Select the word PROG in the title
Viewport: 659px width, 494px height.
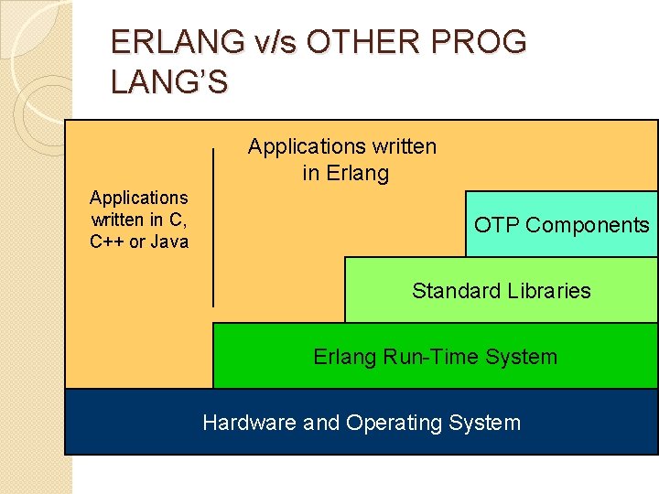[485, 42]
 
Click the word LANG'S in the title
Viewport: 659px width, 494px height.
[169, 82]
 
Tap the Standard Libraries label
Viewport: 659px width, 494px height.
[501, 291]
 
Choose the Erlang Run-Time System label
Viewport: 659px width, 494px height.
[435, 357]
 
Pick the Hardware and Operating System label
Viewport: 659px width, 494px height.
[362, 423]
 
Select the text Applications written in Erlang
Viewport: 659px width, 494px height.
[342, 159]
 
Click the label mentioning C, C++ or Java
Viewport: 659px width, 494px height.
[139, 220]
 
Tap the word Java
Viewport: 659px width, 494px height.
[170, 242]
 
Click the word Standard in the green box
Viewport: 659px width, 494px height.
[452, 291]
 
